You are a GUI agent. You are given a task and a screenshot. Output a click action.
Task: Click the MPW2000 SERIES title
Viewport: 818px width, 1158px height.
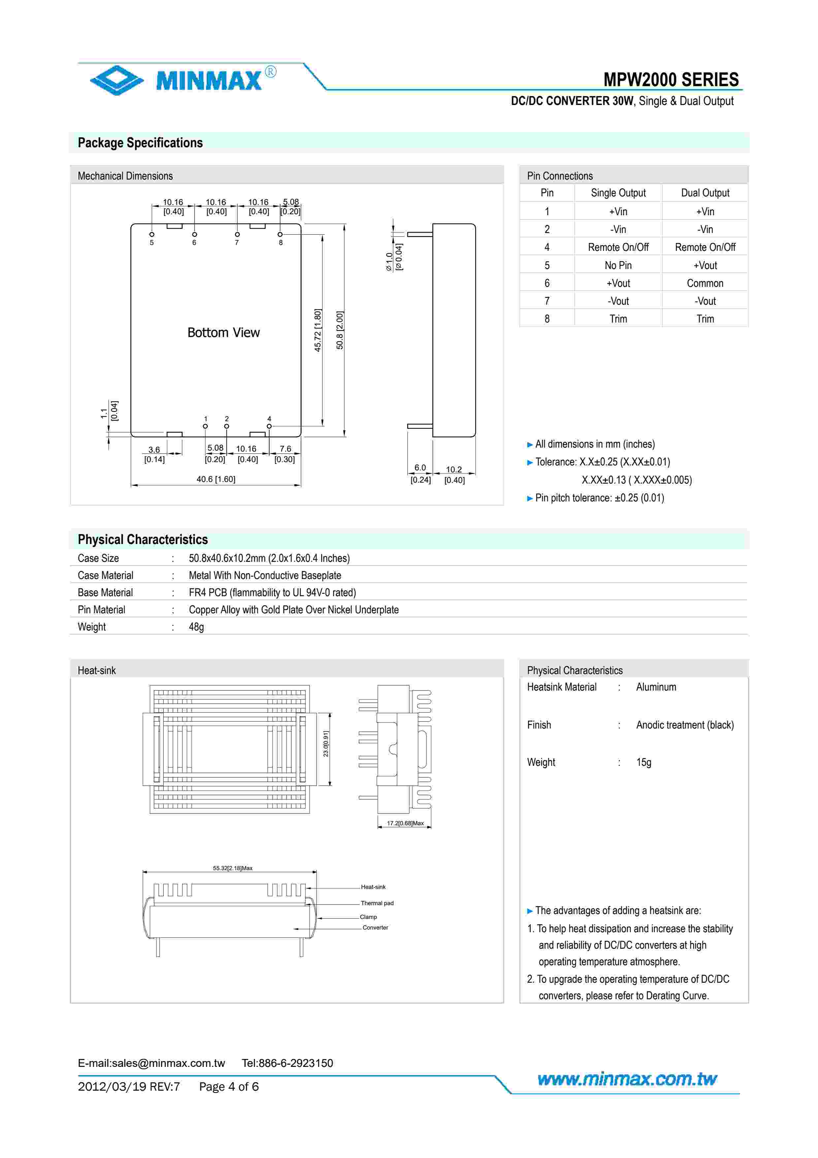[671, 80]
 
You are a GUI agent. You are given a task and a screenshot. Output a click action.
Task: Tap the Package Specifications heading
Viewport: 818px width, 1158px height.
[140, 143]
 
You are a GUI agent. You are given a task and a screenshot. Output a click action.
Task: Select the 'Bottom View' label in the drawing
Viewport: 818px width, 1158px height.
[223, 332]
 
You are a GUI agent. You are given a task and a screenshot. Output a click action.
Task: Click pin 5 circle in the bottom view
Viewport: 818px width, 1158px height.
[152, 234]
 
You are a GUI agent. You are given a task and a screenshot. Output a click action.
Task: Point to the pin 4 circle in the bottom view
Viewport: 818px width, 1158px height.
[269, 426]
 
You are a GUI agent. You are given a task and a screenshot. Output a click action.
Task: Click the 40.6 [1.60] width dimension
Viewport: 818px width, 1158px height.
[216, 479]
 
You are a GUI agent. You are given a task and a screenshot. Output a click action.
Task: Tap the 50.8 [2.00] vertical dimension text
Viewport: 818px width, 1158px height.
[340, 330]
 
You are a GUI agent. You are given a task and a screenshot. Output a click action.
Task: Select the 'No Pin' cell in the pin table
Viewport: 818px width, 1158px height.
[618, 265]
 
